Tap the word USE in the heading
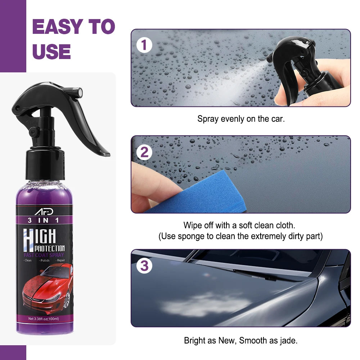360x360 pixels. click(51, 51)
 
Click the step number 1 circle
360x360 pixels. click(144, 46)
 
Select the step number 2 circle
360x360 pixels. click(144, 152)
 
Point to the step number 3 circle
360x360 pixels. click(144, 266)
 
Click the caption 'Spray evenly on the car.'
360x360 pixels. click(241, 119)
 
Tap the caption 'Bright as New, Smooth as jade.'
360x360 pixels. click(240, 340)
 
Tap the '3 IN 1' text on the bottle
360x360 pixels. click(45, 220)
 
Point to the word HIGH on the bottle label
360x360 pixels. click(40, 237)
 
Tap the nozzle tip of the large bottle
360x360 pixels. click(79, 92)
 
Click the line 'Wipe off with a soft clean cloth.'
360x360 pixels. click(239, 225)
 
